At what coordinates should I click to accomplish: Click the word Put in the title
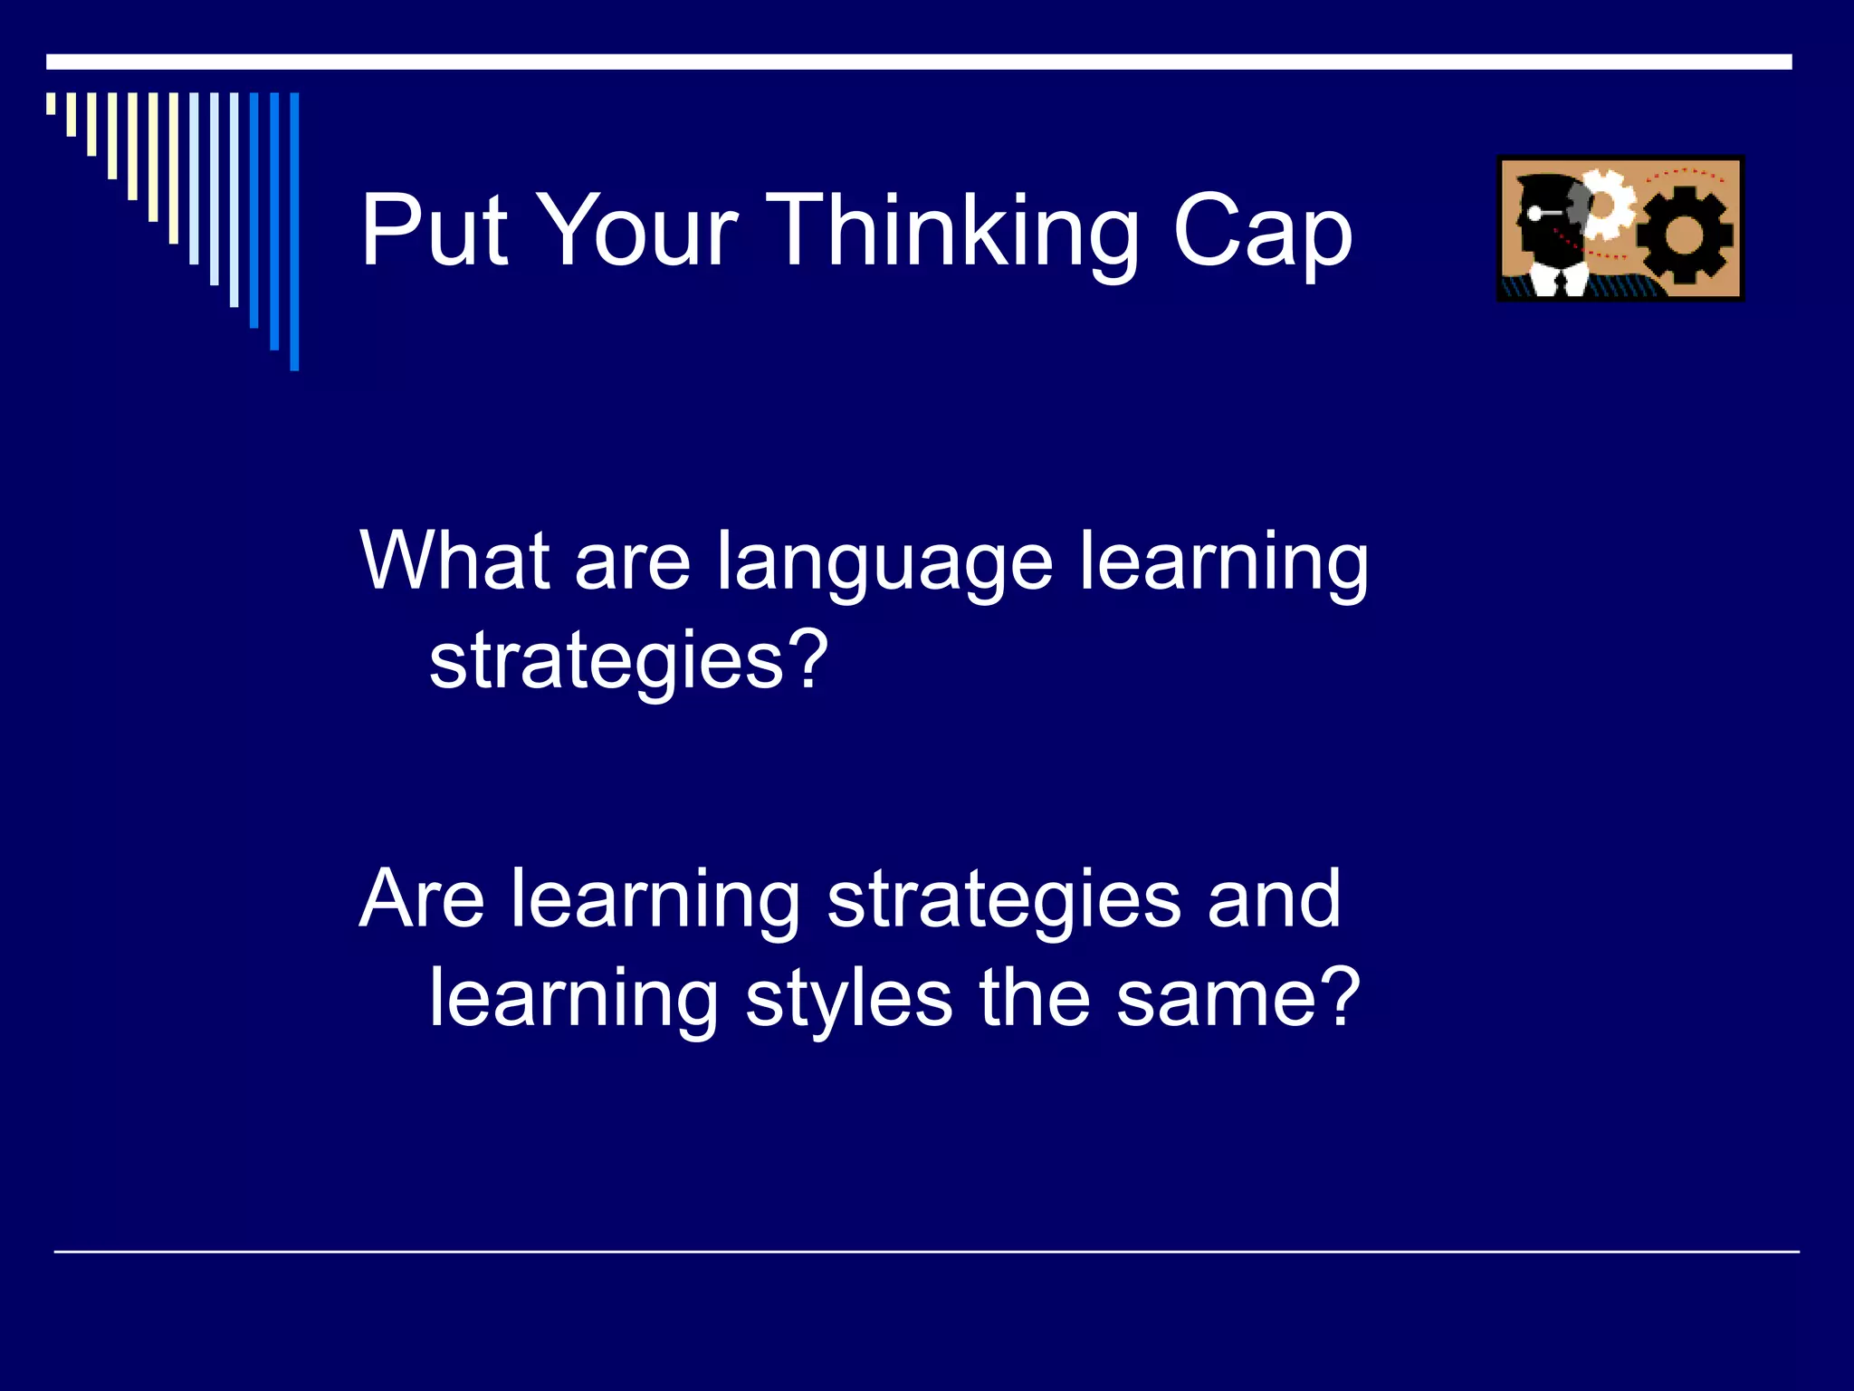435,231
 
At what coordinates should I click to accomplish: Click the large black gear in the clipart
1685,235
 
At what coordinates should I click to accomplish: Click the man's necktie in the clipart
1560,283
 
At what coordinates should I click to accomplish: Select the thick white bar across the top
918,62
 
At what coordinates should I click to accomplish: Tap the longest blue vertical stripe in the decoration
294,231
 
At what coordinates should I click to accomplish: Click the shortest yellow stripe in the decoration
51,103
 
